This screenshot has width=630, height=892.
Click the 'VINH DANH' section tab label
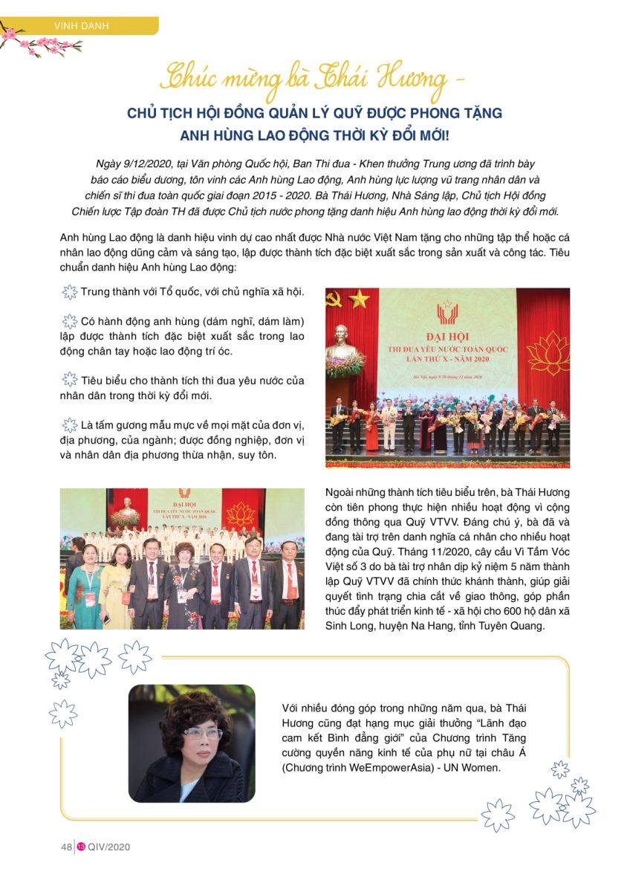click(x=82, y=27)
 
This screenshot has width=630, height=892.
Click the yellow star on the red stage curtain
click(x=360, y=298)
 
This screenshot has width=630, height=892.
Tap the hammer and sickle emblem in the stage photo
click(x=334, y=298)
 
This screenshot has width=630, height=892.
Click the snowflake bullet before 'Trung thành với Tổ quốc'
click(x=69, y=292)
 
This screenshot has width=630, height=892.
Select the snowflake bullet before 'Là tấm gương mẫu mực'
click(x=69, y=425)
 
